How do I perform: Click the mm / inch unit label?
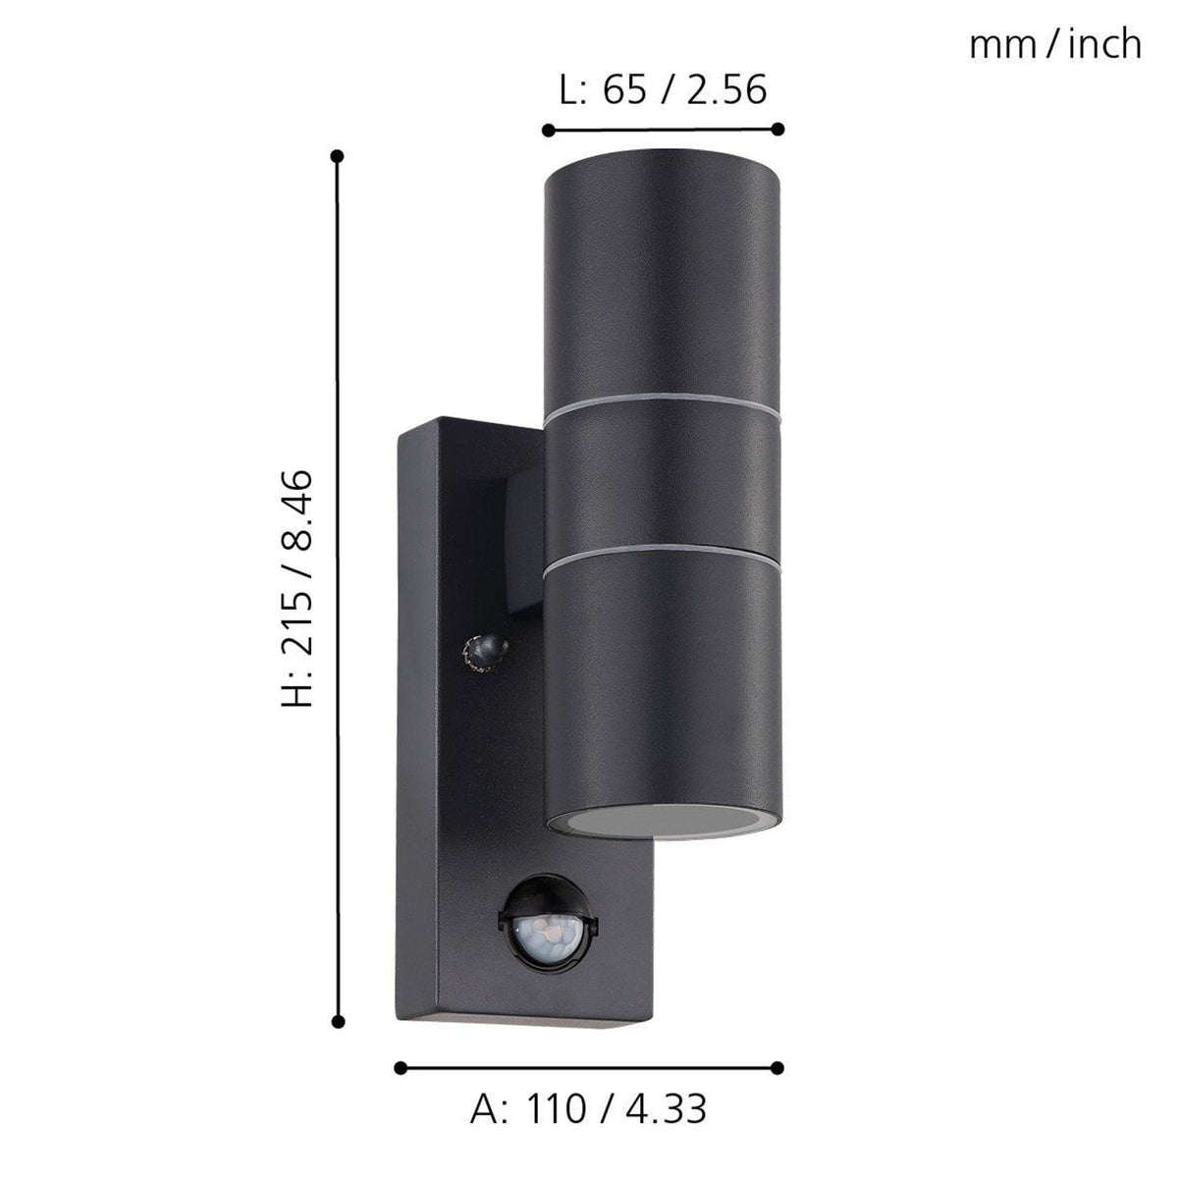pyautogui.click(x=1055, y=44)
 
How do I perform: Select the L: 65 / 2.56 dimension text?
pyautogui.click(x=663, y=89)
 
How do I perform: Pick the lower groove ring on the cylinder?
pyautogui.click(x=664, y=556)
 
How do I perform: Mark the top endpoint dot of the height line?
pyautogui.click(x=338, y=156)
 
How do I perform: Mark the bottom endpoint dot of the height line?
pyautogui.click(x=338, y=1022)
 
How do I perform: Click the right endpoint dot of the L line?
pyautogui.click(x=778, y=129)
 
